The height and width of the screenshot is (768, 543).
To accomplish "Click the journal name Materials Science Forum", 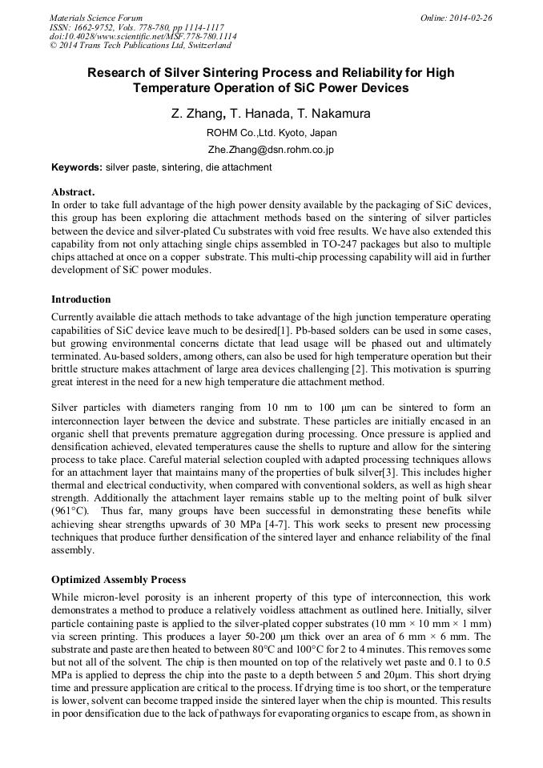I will (96, 18).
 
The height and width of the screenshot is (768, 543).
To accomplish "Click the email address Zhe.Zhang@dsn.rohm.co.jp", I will (271, 150).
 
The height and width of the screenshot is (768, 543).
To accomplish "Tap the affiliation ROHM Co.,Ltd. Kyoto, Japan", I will (271, 133).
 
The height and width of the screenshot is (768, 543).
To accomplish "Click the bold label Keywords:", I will (76, 167).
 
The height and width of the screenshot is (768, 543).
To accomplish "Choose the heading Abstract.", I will (73, 192).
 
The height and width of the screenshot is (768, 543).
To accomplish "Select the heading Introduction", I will (81, 300).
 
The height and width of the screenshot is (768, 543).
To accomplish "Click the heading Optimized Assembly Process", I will (119, 579).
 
